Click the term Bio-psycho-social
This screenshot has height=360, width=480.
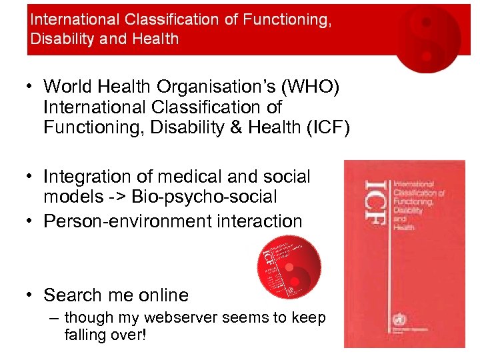(x=203, y=197)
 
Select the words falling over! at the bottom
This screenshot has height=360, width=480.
(x=105, y=334)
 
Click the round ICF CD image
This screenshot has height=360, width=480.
(x=289, y=266)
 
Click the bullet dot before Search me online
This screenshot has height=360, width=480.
(x=31, y=295)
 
